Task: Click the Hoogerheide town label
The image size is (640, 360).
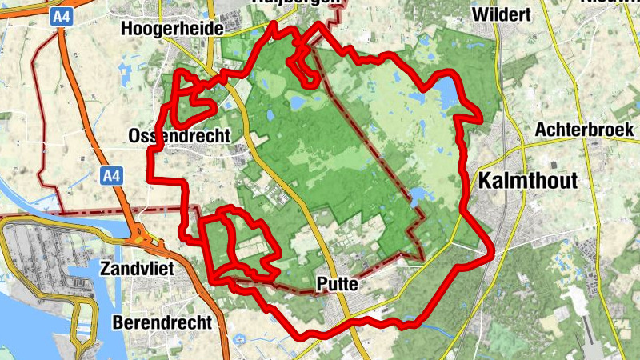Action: (170, 30)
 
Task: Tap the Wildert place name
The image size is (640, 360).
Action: (502, 14)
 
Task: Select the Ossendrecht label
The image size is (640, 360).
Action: (178, 137)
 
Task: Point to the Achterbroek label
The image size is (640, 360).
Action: (584, 129)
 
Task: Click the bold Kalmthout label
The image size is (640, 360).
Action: (526, 181)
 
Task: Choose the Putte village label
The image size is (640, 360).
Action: (336, 283)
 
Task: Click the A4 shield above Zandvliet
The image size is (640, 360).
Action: (112, 174)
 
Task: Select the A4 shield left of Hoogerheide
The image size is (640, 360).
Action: (61, 16)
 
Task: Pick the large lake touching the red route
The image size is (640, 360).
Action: (446, 93)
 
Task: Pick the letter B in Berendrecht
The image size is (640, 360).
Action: (118, 322)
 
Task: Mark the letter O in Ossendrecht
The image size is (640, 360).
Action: (134, 137)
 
